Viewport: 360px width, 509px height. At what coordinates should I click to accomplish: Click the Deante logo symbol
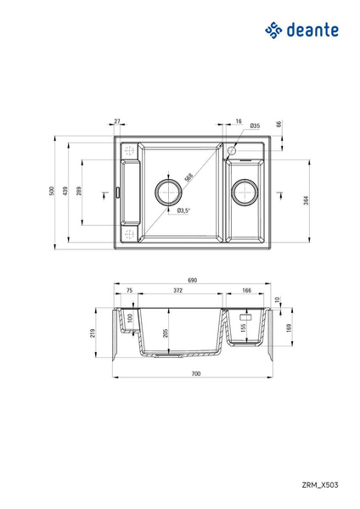(x=274, y=30)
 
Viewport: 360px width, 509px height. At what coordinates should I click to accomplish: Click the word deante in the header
(x=314, y=30)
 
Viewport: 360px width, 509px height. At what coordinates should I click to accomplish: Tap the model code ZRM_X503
(x=320, y=484)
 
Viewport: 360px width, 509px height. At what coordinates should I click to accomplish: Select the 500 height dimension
(x=52, y=193)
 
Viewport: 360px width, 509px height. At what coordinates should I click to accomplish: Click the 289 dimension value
(x=79, y=191)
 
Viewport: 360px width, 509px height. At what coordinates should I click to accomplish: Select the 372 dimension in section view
(x=177, y=291)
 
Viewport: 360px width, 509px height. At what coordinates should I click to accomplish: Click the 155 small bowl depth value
(x=243, y=327)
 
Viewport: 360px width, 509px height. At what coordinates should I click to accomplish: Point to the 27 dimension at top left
(x=117, y=122)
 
